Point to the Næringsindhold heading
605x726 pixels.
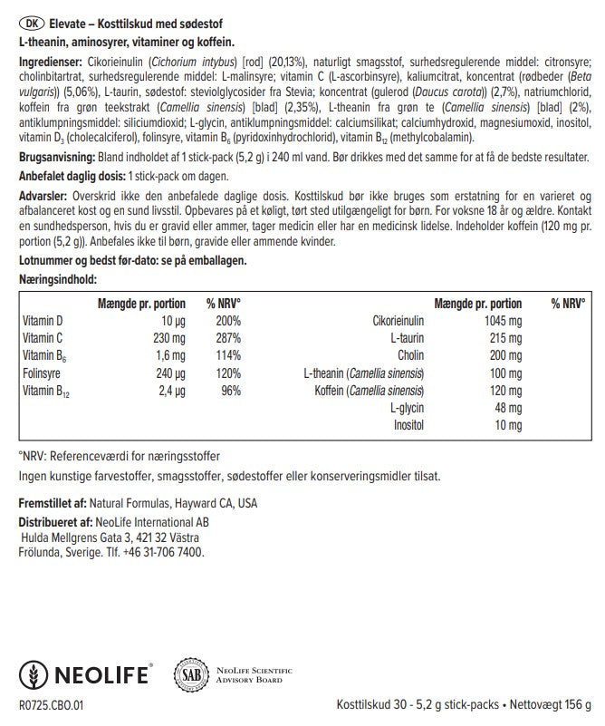point(57,280)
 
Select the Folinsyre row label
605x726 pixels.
point(41,372)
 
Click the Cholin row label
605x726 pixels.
point(410,354)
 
